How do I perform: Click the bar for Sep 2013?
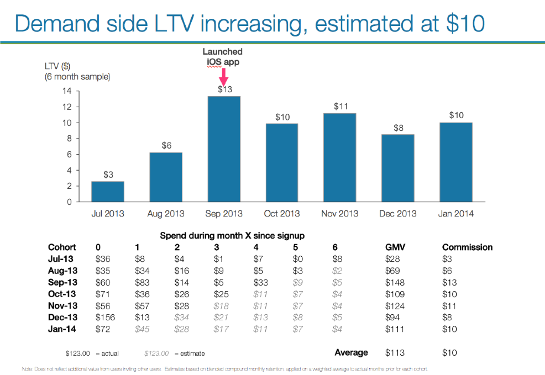224,149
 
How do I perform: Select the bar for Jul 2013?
108,192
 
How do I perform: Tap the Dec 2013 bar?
397,168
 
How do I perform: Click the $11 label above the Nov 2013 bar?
341,106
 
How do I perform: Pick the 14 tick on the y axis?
69,91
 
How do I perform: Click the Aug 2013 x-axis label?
166,214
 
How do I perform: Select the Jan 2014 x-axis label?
455,214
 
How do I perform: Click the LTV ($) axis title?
57,67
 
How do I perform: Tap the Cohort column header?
62,247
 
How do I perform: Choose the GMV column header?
395,247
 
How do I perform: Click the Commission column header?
467,247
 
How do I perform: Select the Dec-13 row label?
62,317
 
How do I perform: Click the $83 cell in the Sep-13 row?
143,282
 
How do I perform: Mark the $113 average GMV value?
395,352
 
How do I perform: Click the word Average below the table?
351,352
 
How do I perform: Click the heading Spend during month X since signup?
232,235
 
